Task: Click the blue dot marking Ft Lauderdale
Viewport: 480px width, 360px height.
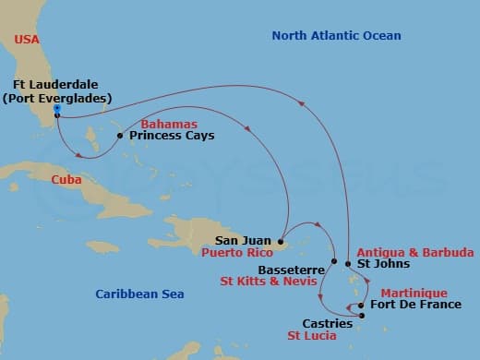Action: coord(57,109)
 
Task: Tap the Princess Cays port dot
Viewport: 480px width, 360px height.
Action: coord(120,136)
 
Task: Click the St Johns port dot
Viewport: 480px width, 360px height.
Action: coord(348,264)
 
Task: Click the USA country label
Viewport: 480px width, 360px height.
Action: coord(28,39)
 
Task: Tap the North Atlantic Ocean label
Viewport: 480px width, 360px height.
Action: coord(336,36)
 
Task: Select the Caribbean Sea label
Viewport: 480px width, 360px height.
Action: coord(139,294)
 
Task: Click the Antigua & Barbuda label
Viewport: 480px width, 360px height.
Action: coord(414,252)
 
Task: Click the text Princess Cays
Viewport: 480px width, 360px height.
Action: coord(172,136)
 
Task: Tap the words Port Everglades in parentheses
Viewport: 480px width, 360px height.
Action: coord(57,98)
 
